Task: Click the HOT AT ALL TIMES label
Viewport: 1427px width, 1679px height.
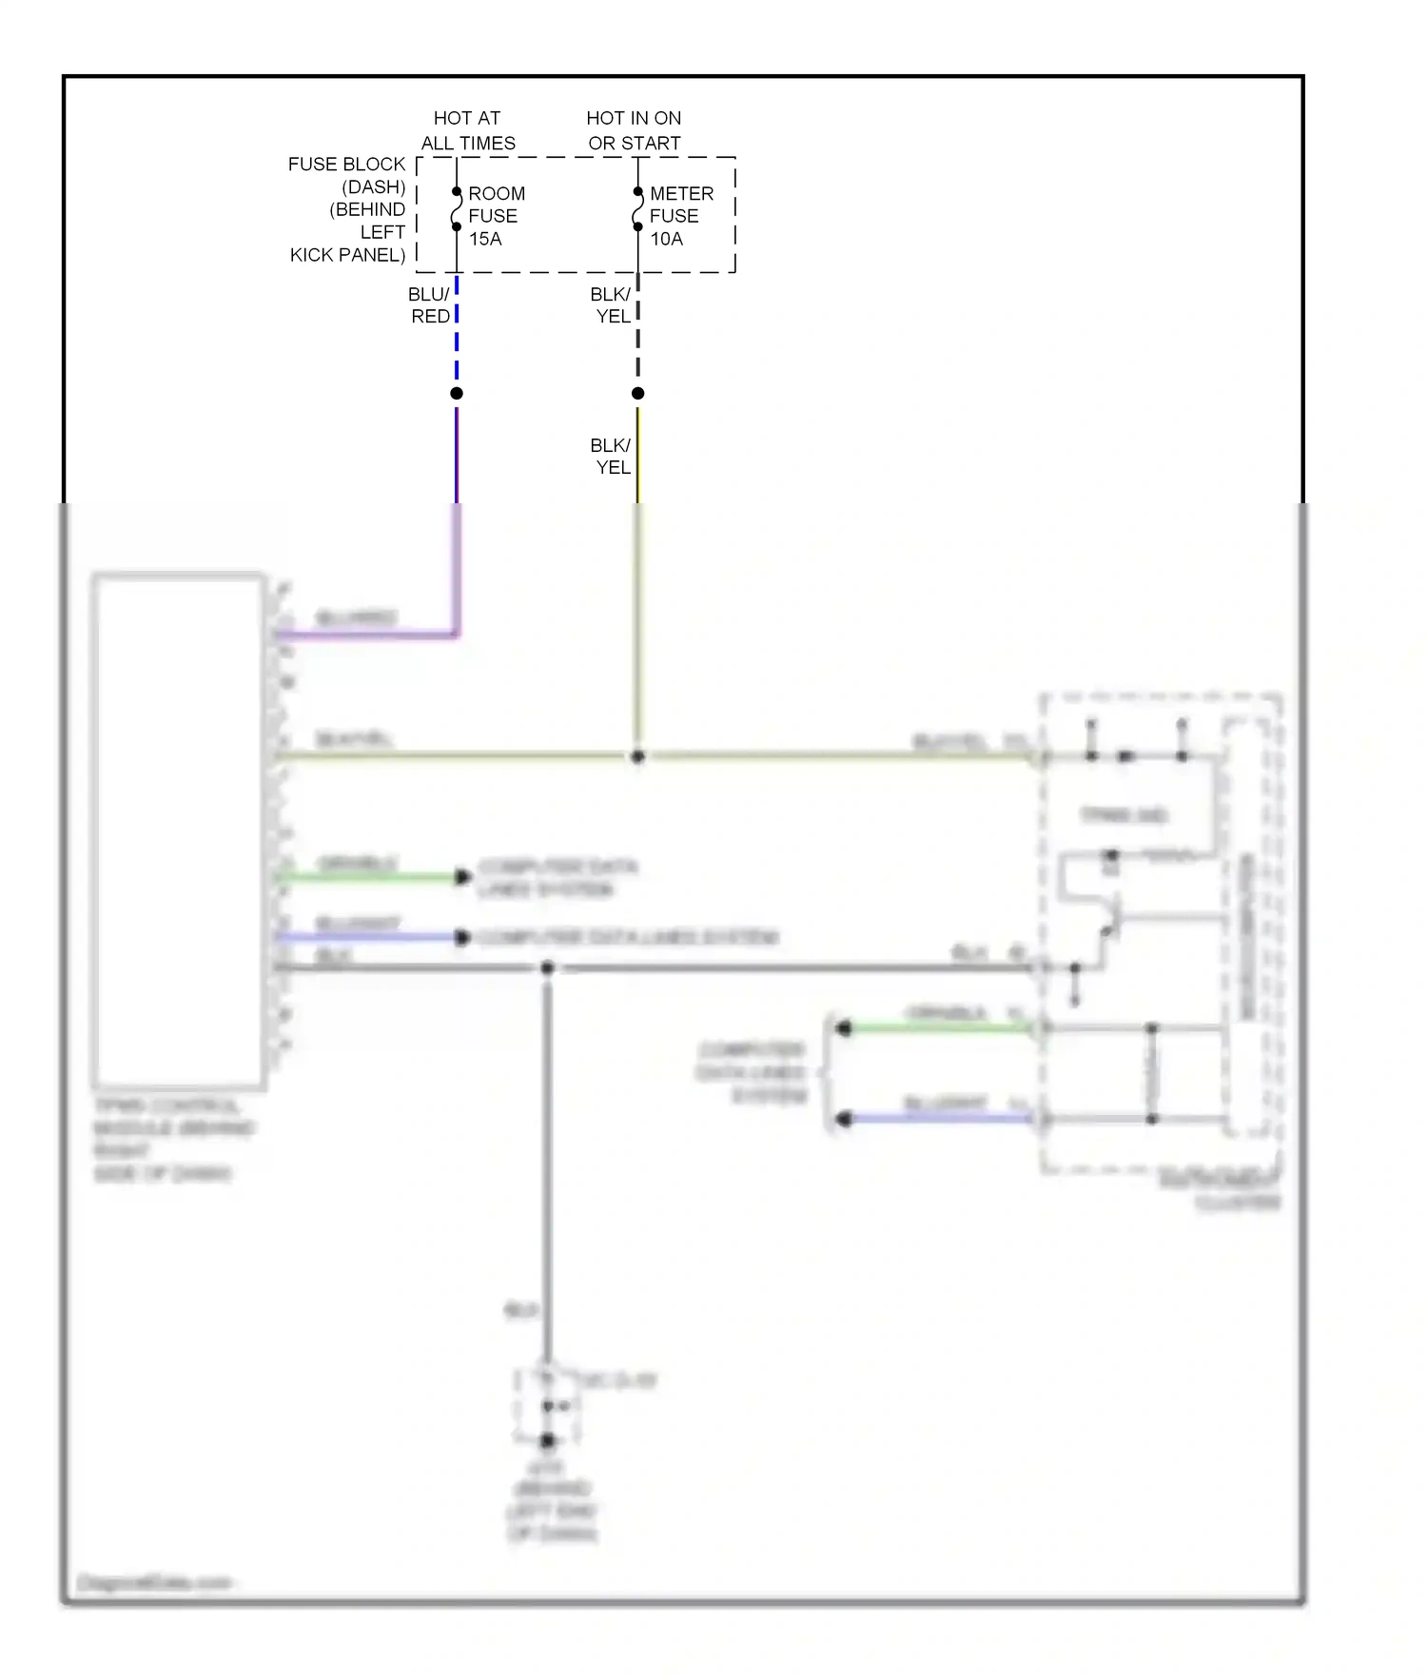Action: (467, 130)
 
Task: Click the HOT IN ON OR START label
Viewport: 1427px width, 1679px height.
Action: (634, 130)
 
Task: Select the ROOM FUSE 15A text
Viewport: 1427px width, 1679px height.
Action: (496, 216)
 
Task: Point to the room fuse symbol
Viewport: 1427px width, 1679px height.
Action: (456, 209)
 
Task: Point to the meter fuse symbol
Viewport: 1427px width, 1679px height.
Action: (637, 209)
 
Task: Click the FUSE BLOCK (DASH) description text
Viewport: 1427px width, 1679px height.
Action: (348, 209)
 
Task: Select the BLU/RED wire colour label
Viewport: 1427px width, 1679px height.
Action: (430, 305)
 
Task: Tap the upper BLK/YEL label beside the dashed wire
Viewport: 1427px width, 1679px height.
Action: (611, 305)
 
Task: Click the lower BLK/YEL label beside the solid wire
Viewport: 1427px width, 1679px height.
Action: (611, 457)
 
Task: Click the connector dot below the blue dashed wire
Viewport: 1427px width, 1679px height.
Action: (457, 393)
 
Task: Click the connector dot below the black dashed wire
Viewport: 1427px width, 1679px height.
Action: (638, 393)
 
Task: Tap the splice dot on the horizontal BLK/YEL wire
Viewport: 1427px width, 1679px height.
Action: (637, 757)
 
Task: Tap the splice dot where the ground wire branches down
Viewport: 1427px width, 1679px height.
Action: (547, 968)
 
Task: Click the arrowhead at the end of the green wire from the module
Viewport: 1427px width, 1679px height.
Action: (463, 877)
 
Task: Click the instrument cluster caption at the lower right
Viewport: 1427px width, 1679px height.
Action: (1222, 1191)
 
